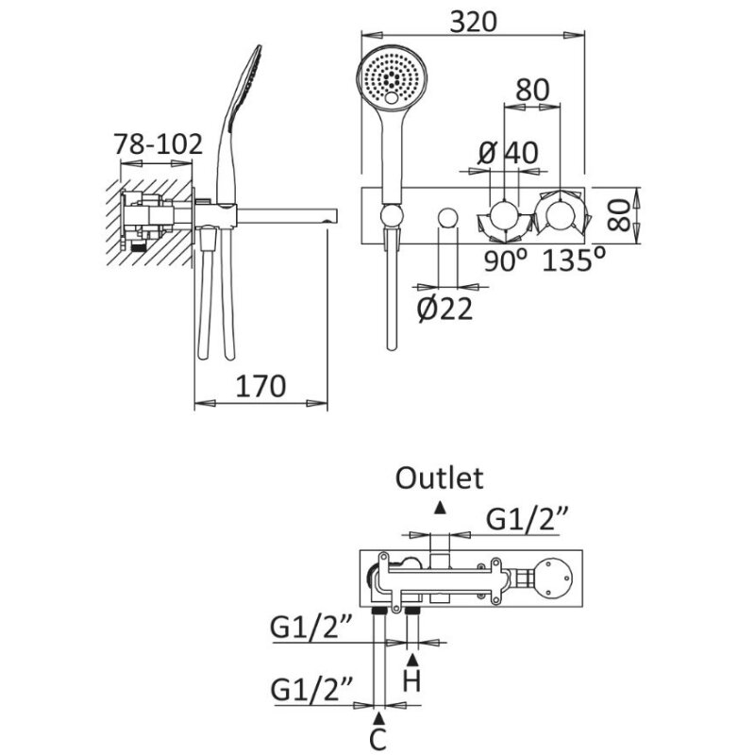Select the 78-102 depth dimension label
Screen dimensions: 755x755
click(x=158, y=144)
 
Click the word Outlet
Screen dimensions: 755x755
click(x=439, y=478)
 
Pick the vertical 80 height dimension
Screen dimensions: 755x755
click(x=618, y=213)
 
